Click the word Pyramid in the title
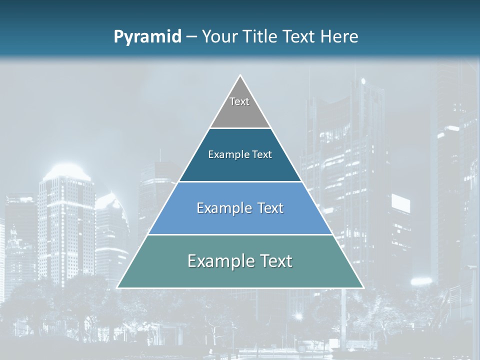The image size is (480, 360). point(147,37)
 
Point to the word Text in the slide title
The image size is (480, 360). point(300,36)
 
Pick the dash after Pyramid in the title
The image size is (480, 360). point(191,37)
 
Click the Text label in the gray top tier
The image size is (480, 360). point(239,101)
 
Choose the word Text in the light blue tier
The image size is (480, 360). point(270,208)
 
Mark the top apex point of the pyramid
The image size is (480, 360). point(240,75)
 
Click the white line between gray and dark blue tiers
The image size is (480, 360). point(240,128)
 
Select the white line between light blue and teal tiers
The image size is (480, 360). point(240,234)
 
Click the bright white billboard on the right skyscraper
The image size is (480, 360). point(400,203)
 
